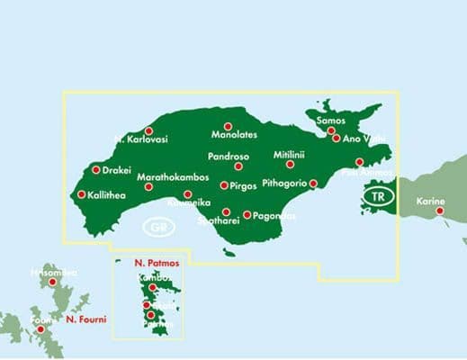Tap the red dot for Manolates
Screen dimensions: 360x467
tap(228, 127)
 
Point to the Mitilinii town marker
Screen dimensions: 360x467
tap(291, 164)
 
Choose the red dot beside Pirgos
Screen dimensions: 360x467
tap(224, 185)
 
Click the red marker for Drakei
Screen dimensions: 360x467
tap(96, 169)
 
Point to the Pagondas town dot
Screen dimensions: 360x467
tap(247, 214)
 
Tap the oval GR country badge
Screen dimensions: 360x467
tap(158, 227)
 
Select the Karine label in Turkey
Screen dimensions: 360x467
tap(431, 202)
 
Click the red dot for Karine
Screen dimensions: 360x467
tap(441, 212)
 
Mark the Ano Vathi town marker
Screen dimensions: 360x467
tap(336, 139)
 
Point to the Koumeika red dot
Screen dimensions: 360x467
tap(187, 194)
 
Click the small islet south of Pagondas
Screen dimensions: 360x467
tap(229, 253)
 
